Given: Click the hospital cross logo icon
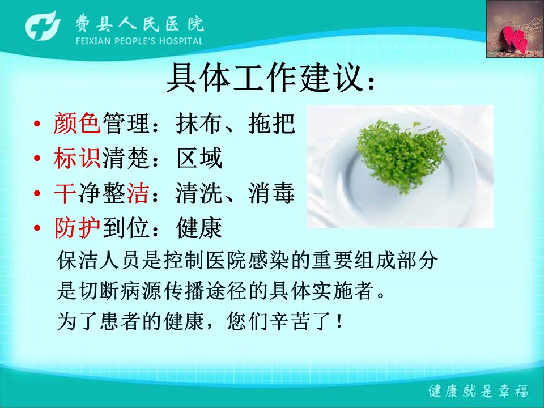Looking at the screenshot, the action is pyautogui.click(x=42, y=26).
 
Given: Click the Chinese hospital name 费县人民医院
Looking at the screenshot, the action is pyautogui.click(x=139, y=24).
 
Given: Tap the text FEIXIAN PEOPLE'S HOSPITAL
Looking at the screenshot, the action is pyautogui.click(x=139, y=41).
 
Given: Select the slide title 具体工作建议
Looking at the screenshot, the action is pyautogui.click(x=265, y=78).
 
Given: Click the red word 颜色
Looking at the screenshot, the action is pyautogui.click(x=78, y=123).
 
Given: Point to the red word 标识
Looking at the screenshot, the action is pyautogui.click(x=78, y=158).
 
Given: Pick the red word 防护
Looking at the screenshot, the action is pyautogui.click(x=78, y=228).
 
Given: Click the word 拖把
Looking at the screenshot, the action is pyautogui.click(x=271, y=123).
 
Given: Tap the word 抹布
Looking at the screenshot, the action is pyautogui.click(x=199, y=123).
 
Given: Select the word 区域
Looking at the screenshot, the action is pyautogui.click(x=199, y=158).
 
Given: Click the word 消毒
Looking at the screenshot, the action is pyautogui.click(x=271, y=193).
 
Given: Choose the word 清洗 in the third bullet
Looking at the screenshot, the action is pyautogui.click(x=199, y=193).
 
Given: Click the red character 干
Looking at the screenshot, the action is pyautogui.click(x=65, y=193).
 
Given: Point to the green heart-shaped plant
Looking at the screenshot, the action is pyautogui.click(x=401, y=154).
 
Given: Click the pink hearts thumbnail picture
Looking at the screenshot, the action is pyautogui.click(x=515, y=29).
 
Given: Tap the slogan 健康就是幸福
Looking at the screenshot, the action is pyautogui.click(x=478, y=391).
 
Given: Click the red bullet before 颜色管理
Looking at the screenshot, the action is pyautogui.click(x=37, y=124).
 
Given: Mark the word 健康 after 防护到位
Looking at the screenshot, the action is pyautogui.click(x=199, y=228).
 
